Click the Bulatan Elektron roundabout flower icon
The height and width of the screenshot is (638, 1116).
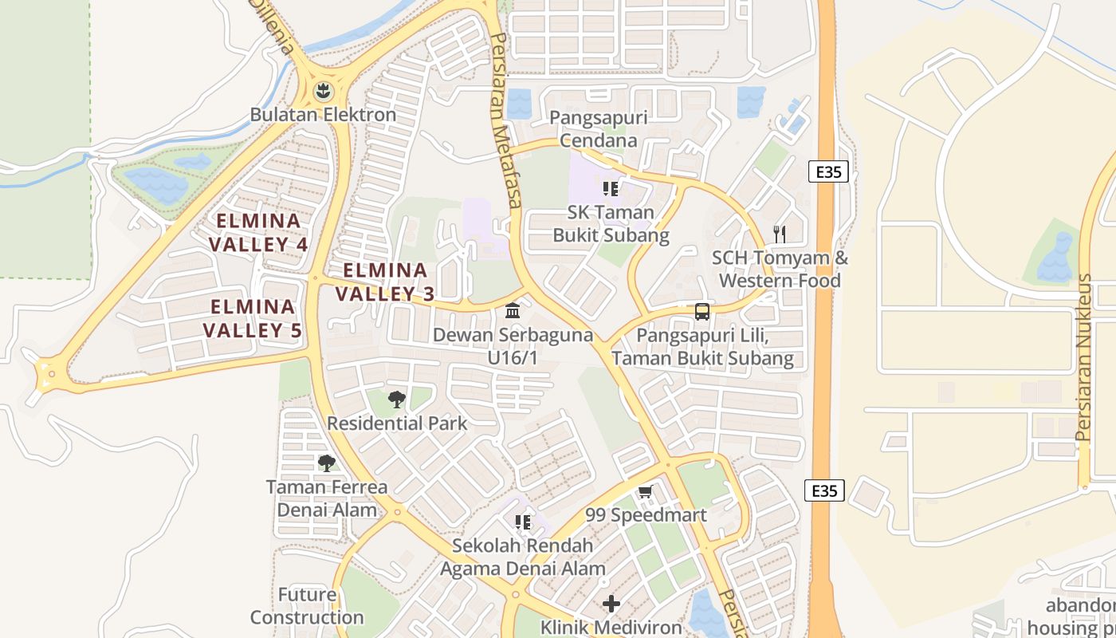[x=323, y=90]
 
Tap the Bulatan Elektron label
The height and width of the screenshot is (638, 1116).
[x=323, y=115]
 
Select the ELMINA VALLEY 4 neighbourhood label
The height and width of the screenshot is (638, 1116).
[x=259, y=232]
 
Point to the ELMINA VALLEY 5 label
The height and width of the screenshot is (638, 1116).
[x=252, y=318]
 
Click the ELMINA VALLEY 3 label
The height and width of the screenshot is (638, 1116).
[x=385, y=282]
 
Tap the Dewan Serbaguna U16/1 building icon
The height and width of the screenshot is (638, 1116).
[x=513, y=310]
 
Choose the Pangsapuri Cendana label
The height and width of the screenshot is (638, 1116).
[x=599, y=129]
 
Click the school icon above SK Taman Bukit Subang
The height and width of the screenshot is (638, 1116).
[x=611, y=189]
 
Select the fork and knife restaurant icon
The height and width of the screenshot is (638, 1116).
[x=780, y=234]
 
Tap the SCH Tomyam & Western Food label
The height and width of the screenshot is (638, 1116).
[x=780, y=270]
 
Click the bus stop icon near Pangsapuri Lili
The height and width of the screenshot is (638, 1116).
[x=701, y=312]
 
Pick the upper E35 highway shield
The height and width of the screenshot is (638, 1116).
[x=828, y=171]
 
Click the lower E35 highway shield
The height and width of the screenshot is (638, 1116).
[x=824, y=490]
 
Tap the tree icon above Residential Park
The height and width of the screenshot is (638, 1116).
[x=396, y=400]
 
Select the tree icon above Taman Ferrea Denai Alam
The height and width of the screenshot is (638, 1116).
[x=326, y=463]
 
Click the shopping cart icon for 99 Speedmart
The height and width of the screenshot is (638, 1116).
[x=646, y=491]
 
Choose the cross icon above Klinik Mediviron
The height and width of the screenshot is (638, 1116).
[x=611, y=604]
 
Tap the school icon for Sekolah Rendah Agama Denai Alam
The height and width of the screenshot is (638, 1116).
[x=523, y=522]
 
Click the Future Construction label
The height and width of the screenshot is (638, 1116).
[x=307, y=606]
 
